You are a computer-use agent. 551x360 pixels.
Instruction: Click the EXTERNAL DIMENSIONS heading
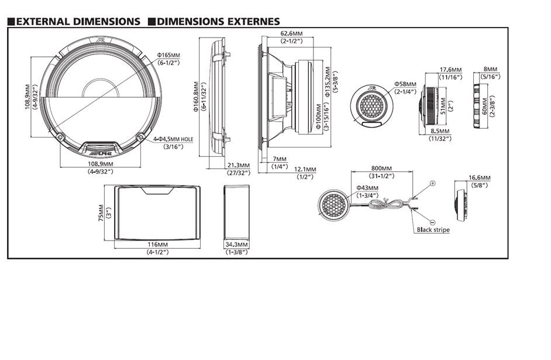click(78, 22)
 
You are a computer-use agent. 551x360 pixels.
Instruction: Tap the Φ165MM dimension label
click(169, 55)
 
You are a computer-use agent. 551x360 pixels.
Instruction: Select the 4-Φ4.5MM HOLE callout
click(173, 139)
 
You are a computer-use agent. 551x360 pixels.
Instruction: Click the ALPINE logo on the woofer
click(101, 152)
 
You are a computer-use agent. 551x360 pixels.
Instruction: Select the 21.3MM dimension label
click(238, 165)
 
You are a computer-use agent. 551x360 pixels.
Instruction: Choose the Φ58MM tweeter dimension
click(404, 84)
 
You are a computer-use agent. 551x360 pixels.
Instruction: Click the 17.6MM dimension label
click(450, 69)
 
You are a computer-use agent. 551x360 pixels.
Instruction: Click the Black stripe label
click(433, 230)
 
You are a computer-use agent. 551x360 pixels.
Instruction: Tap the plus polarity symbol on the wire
click(432, 183)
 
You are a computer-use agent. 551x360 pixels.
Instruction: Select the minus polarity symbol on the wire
click(432, 222)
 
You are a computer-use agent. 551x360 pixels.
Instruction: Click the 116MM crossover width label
click(156, 244)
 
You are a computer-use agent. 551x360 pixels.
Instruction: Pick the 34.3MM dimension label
click(237, 244)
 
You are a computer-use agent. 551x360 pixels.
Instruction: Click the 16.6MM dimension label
click(479, 177)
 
